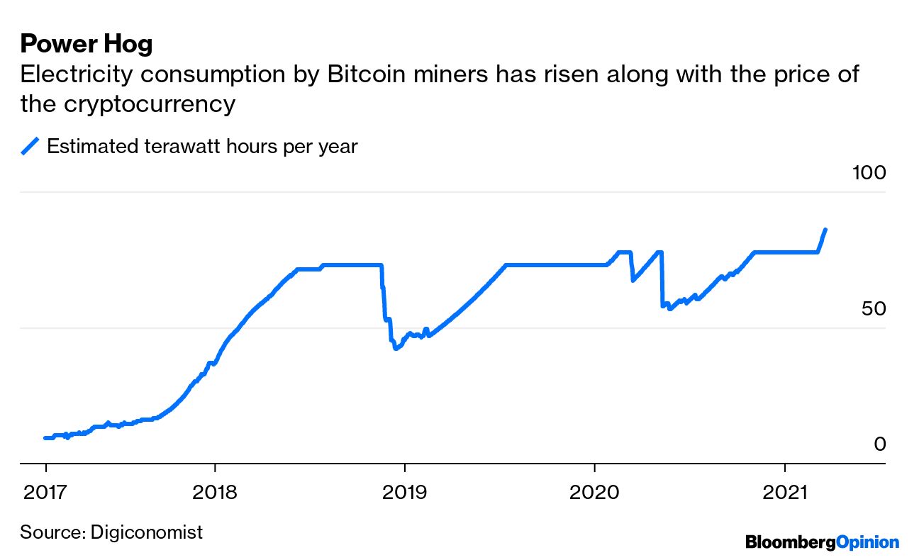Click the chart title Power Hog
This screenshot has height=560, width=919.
coord(86,44)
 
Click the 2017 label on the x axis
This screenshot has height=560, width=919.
coord(45,491)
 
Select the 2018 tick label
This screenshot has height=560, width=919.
coord(214,491)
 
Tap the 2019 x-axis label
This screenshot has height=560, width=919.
coord(404,491)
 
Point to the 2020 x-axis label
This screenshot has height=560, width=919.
coord(594,491)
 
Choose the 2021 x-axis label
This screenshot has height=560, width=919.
coord(784,491)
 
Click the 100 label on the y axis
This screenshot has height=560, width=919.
coord(868,172)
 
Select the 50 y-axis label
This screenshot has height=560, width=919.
coord(874,309)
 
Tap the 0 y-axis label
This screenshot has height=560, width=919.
coord(879,444)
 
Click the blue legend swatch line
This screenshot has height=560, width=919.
coord(30,146)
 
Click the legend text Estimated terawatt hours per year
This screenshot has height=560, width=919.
coord(202,146)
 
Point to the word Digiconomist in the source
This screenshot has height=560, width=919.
coord(147,532)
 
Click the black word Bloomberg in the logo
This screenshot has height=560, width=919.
coord(790,542)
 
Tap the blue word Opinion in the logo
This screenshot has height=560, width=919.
coord(867,542)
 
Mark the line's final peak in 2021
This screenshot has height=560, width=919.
coord(825,229)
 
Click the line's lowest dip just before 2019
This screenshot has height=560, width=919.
coord(395,349)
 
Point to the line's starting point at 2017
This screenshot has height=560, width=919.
coord(45,438)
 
